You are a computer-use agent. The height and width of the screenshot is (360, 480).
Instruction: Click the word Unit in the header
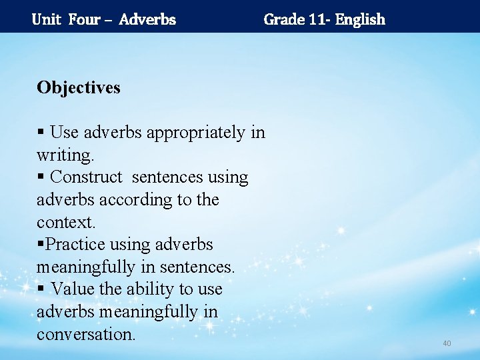[x=46, y=19]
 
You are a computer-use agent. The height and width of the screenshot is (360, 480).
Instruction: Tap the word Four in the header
[x=84, y=19]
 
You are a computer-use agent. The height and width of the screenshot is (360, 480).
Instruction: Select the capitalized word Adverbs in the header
[x=147, y=19]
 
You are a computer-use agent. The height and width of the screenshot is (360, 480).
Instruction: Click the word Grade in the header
[x=284, y=19]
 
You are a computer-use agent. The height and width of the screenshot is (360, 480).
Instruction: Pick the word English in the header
[x=360, y=19]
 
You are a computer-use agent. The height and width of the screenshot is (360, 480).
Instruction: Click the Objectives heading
[x=79, y=87]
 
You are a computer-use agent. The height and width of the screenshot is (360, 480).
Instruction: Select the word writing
[x=65, y=155]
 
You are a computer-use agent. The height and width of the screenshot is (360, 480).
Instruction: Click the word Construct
[x=87, y=177]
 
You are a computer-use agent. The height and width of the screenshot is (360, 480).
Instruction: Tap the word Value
[x=71, y=289]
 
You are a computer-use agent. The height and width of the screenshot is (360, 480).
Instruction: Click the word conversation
[x=86, y=334]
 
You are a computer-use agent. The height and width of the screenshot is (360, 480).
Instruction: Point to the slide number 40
[x=447, y=343]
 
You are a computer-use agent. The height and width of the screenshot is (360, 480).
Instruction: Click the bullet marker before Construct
[x=41, y=178]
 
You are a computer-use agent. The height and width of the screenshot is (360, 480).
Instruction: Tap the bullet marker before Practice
[x=41, y=245]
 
